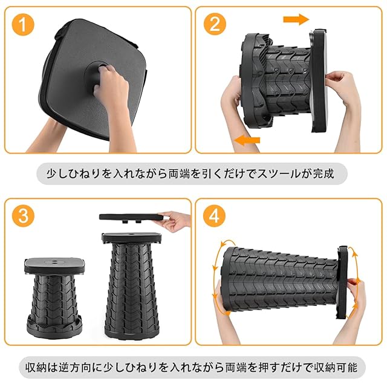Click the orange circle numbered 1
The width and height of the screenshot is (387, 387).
click(x=23, y=24)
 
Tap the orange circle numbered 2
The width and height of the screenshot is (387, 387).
click(x=215, y=24)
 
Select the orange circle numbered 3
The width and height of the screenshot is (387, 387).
click(x=24, y=216)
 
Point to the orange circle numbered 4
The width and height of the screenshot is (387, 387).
click(x=214, y=216)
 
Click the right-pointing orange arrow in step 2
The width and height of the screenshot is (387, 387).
click(x=296, y=19)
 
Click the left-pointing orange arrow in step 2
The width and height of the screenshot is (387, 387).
click(x=247, y=140)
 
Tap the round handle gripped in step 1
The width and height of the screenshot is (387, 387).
click(x=94, y=73)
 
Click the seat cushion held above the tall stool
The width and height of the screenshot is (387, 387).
click(x=132, y=217)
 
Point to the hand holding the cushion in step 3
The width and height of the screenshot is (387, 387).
click(x=175, y=220)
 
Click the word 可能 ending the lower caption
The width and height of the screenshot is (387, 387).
click(x=346, y=367)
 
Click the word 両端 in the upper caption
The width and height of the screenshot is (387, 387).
click(x=179, y=174)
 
